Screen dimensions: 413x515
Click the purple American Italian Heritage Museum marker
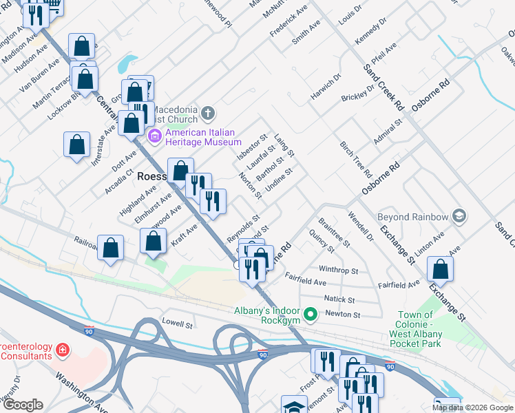(x=155, y=136)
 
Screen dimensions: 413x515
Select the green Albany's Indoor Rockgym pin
(x=311, y=316)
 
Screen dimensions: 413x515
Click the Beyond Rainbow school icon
(x=458, y=217)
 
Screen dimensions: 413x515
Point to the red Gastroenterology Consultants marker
(x=63, y=350)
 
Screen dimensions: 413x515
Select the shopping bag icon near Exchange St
(x=440, y=270)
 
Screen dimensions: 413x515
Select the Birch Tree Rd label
(x=355, y=158)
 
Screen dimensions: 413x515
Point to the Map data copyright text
(x=472, y=407)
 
